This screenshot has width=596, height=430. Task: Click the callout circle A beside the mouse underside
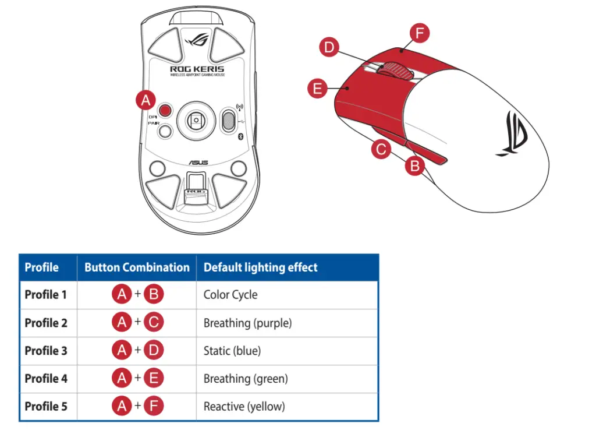click(145, 100)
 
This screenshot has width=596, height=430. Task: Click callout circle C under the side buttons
click(381, 149)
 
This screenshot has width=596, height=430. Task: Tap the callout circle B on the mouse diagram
click(414, 166)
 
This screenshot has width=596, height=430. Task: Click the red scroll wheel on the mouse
click(395, 69)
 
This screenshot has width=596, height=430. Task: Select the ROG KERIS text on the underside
click(197, 69)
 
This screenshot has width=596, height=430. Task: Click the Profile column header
click(42, 267)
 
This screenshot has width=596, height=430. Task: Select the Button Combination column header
click(137, 267)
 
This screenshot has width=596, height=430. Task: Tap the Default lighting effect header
click(260, 267)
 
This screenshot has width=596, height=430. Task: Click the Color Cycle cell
click(230, 295)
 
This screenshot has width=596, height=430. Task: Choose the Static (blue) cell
click(232, 351)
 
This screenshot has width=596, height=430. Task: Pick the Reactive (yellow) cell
click(244, 406)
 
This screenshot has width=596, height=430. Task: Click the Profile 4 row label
click(46, 379)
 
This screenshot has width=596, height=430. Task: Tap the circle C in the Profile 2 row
click(154, 322)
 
